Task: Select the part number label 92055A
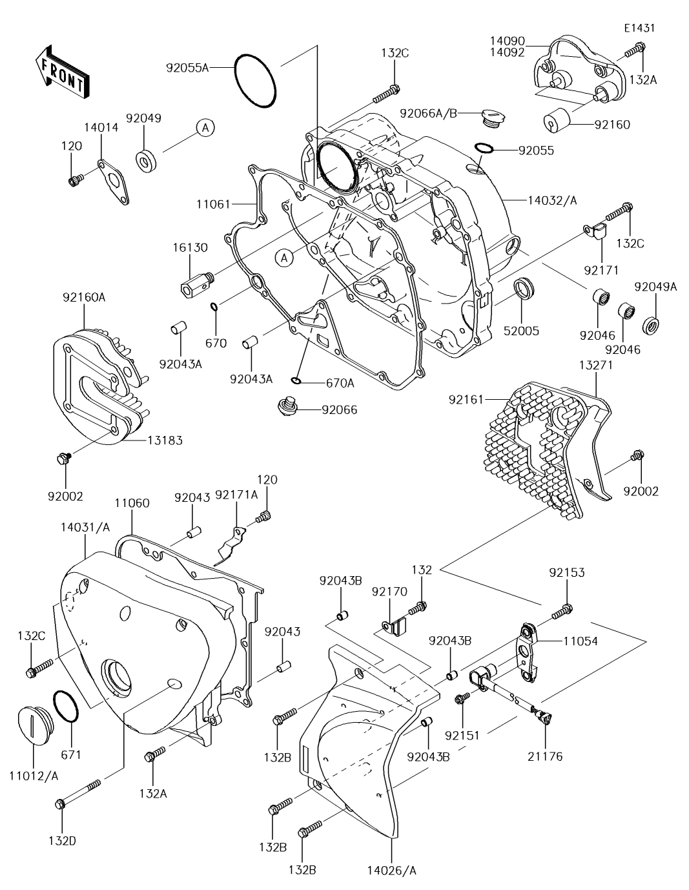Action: point(188,67)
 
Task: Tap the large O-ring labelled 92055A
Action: point(254,82)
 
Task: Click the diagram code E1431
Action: point(639,28)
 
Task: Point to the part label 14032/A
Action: point(552,201)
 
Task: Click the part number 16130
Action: point(190,248)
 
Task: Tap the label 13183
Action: point(165,440)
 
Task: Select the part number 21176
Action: point(546,756)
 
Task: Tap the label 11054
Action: point(581,641)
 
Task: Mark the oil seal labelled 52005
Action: point(524,289)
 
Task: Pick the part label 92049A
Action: point(655,287)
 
